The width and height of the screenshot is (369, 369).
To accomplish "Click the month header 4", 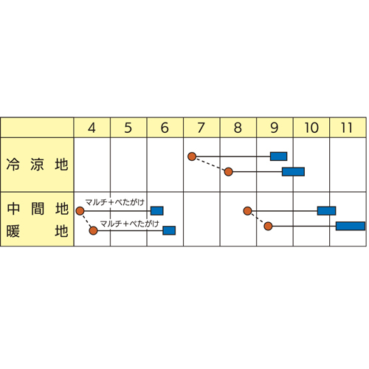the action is (x=92, y=128).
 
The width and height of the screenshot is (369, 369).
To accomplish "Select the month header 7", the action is (x=201, y=128).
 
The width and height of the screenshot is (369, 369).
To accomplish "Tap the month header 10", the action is (x=311, y=128).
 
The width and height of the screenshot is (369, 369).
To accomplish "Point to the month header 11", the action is (x=347, y=128).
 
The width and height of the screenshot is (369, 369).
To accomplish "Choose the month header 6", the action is (x=165, y=128).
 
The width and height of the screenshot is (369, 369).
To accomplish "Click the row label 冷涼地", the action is (x=37, y=165).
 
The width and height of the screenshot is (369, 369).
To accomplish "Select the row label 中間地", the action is (x=38, y=209).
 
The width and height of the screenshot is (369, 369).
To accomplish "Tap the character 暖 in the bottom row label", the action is (x=13, y=231).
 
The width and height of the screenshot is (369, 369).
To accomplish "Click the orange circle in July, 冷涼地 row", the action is (x=192, y=156).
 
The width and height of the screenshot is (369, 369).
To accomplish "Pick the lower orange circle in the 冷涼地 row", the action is (x=229, y=172).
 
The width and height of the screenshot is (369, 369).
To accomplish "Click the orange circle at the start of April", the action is (x=80, y=211).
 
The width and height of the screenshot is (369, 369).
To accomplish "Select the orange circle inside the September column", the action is (x=268, y=226).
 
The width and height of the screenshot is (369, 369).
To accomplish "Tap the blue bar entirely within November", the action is (x=351, y=226).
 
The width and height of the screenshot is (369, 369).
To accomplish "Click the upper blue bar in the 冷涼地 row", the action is (x=279, y=156).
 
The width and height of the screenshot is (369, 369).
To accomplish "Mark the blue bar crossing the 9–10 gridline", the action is (x=293, y=172).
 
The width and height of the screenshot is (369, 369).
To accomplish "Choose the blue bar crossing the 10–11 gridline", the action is (x=326, y=211).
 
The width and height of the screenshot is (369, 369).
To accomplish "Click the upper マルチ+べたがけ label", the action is (x=114, y=202).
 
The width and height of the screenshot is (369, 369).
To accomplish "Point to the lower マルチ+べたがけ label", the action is (x=129, y=224).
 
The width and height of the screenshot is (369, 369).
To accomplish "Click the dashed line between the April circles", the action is (x=86, y=221).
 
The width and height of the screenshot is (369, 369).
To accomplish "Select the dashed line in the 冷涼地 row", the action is (x=210, y=164).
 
